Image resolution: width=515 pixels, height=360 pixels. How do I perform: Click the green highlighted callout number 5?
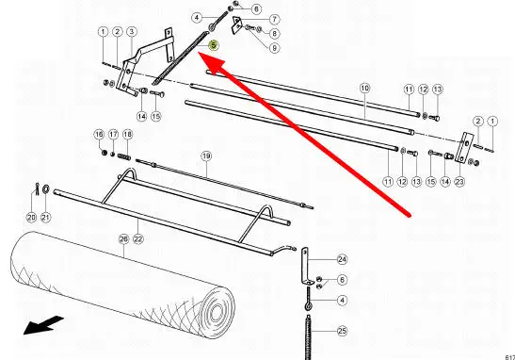[214, 45]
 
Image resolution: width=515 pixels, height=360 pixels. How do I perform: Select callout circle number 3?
[132, 31]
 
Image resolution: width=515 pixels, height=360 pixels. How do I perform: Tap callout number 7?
[274, 20]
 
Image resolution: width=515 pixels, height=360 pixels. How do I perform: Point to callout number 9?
[274, 48]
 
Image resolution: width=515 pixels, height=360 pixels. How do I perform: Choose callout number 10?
[364, 88]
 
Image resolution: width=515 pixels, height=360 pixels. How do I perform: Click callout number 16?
[99, 135]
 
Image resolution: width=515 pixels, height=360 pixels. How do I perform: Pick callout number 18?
[127, 135]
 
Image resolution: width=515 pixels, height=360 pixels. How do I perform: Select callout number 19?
[206, 155]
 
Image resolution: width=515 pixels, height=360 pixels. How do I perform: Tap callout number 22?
[138, 239]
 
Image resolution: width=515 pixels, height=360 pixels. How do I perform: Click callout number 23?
[459, 182]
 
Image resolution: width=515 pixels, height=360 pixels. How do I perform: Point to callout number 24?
[343, 259]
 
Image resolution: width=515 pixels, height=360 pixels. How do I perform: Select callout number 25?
[343, 331]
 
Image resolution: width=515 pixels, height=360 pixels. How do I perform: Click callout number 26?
[123, 239]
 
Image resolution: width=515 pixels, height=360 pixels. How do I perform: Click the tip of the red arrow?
[200, 55]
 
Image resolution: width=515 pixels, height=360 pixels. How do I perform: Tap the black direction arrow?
[43, 325]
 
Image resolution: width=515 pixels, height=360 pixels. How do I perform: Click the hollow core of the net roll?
[217, 312]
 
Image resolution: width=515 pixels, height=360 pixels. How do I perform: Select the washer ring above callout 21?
[45, 188]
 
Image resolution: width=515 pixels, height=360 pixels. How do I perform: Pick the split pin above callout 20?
[37, 188]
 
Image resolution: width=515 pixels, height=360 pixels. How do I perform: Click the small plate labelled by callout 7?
[235, 25]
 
